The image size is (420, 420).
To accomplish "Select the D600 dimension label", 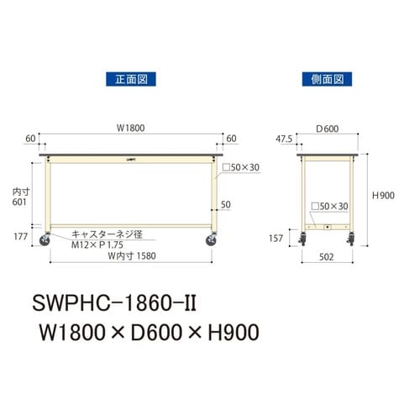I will (327, 129).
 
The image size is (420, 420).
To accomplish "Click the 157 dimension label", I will (275, 238).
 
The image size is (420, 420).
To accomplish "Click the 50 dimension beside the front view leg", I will (225, 204).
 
